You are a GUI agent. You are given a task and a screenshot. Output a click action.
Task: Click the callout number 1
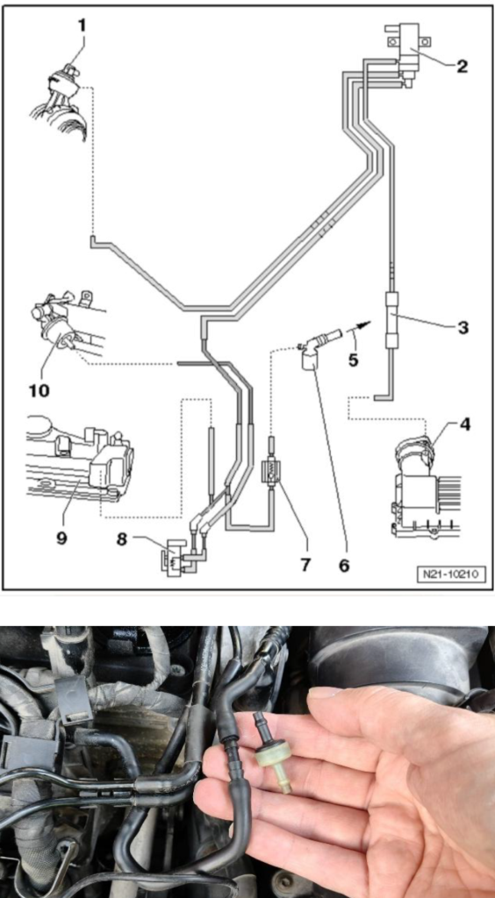coord(82,25)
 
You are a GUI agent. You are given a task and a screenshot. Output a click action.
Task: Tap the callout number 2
coord(462,67)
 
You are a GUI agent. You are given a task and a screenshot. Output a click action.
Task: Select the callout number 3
coord(463,328)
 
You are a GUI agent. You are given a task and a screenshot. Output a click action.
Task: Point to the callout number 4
coord(464,426)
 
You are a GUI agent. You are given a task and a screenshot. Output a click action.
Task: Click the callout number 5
coord(353,360)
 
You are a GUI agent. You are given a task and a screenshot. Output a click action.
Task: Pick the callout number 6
coord(344,566)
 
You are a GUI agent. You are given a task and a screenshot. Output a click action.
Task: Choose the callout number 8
coord(121,539)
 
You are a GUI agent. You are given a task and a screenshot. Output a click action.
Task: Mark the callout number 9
coord(61,538)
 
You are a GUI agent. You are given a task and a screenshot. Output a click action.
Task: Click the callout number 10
coord(39,390)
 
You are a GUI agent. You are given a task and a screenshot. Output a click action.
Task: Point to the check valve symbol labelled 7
coord(269,473)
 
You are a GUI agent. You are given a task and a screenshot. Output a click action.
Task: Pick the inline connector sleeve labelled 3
coord(391,320)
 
